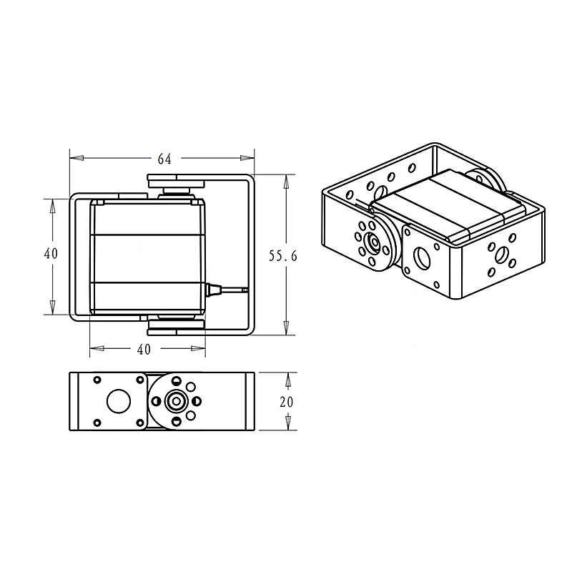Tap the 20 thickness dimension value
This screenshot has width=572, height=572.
click(287, 402)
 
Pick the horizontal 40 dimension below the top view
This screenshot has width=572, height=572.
click(144, 350)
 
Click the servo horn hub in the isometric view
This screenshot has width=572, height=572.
click(373, 242)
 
